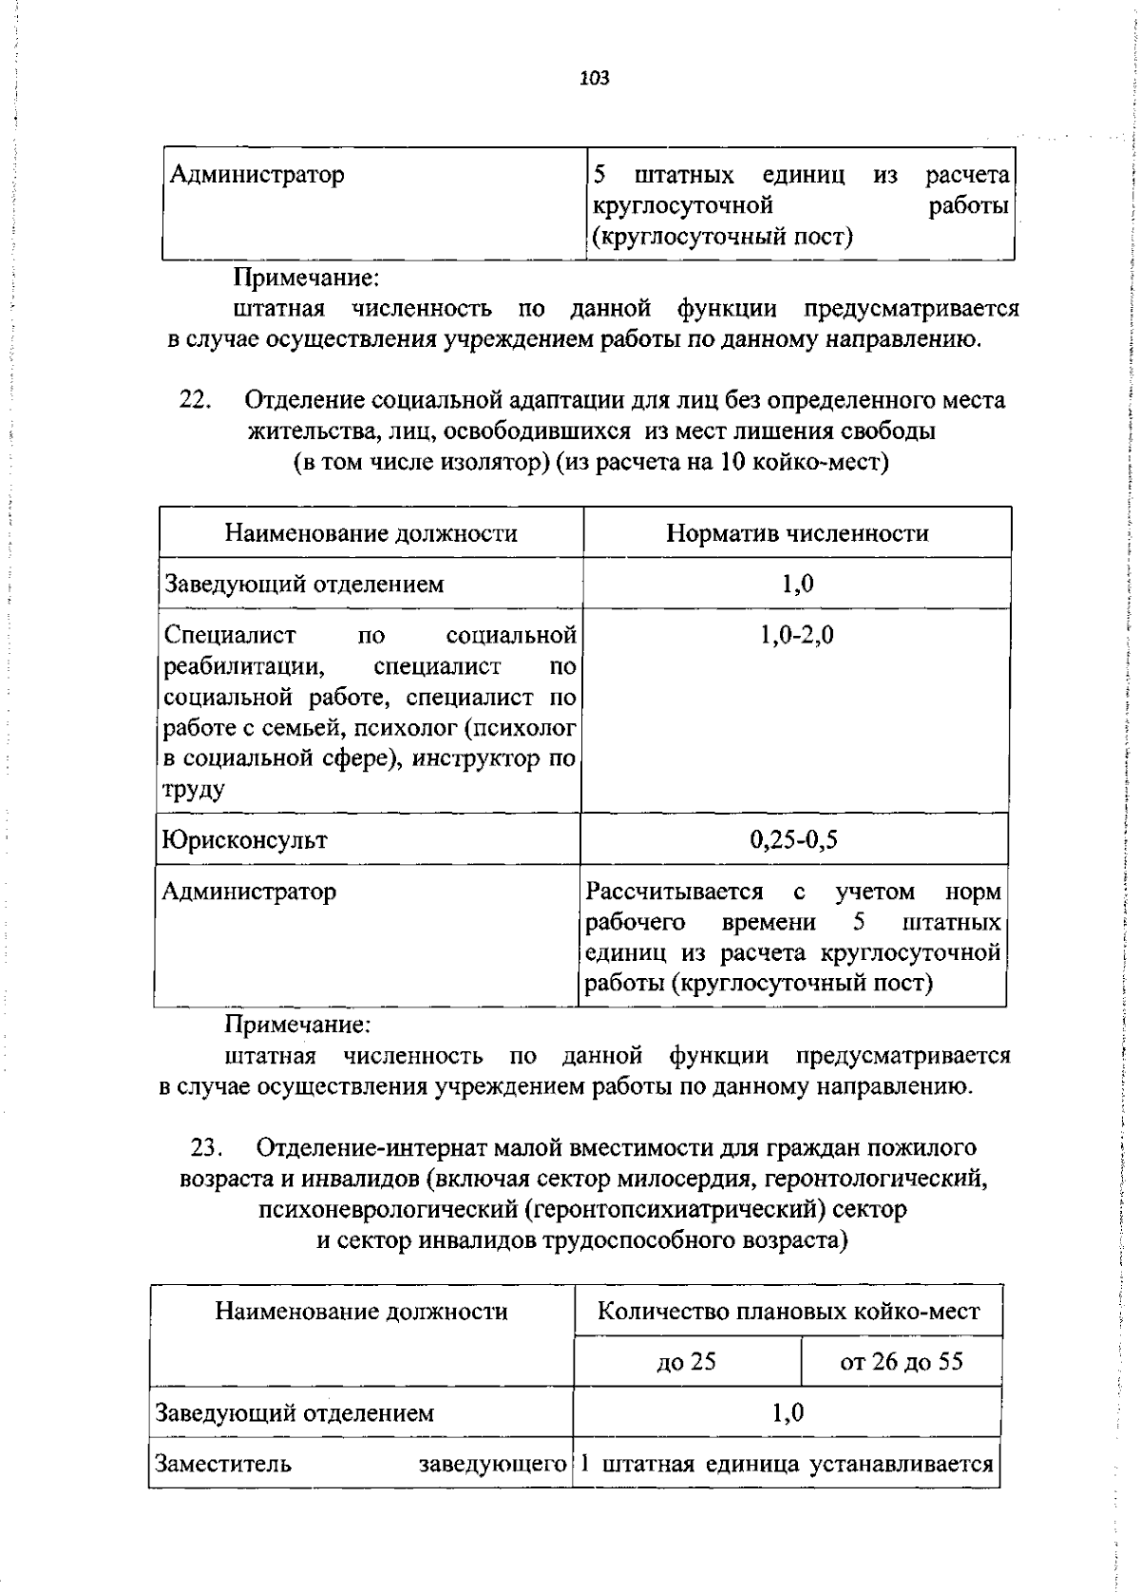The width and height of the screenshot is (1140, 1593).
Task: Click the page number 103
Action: point(594,78)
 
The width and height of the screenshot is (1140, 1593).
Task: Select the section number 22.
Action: point(194,400)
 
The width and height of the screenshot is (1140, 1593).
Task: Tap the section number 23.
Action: point(206,1148)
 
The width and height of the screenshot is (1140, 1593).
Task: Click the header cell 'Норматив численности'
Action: point(797,533)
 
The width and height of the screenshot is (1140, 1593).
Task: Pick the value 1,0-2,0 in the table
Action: point(797,635)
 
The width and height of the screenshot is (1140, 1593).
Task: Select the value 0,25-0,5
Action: point(794,839)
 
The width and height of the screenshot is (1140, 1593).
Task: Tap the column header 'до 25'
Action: point(686,1362)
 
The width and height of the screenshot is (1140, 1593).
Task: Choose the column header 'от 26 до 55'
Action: point(901,1362)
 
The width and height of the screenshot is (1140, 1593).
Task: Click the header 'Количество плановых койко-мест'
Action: point(788,1312)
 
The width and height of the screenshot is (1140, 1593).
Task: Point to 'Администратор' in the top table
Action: point(256,175)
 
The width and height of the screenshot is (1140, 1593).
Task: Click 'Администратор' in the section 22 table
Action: point(248,892)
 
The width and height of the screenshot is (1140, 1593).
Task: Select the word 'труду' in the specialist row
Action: point(194,790)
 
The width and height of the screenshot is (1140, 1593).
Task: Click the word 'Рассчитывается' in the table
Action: point(674,892)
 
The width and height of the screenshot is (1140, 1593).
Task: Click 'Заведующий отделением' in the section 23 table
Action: point(294,1413)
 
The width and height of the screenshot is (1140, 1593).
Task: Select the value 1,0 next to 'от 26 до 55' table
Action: point(788,1413)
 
